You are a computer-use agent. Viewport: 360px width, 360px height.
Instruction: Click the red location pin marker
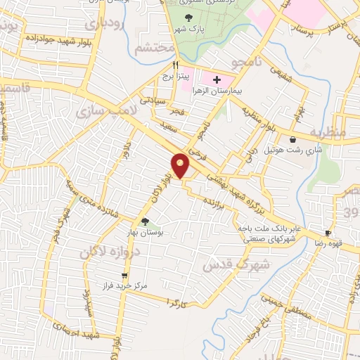point(181,165)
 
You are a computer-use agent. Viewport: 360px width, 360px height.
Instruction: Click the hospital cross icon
point(217,80)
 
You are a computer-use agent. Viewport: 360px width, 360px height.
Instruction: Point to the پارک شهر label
point(190,28)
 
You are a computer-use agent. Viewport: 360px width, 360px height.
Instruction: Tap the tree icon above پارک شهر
point(188,18)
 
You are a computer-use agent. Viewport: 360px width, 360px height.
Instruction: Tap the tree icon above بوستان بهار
point(145,222)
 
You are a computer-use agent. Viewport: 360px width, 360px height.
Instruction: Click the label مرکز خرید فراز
point(124,287)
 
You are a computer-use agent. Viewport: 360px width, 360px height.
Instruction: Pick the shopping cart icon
point(124,276)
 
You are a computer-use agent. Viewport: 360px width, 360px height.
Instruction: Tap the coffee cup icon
point(327,233)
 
